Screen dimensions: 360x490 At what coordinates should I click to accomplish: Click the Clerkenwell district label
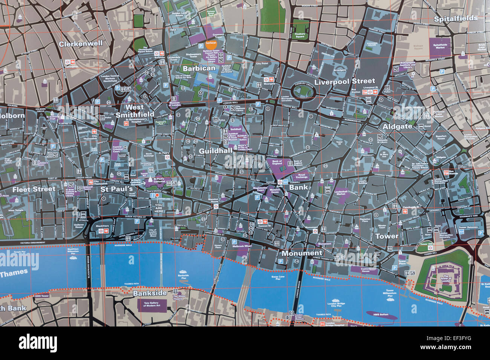(x=80, y=44)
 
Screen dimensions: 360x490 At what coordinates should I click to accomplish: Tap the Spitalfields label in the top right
(x=455, y=18)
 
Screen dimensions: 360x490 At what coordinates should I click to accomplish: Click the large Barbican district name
(x=199, y=69)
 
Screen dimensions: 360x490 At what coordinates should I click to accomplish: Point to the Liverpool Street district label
(x=345, y=81)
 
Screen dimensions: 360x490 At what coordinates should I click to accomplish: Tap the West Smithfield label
(x=135, y=111)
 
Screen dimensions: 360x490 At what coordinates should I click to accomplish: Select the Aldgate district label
(x=397, y=127)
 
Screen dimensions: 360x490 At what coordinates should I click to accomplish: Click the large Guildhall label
(x=215, y=151)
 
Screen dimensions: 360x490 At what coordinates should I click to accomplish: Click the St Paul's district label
(x=116, y=189)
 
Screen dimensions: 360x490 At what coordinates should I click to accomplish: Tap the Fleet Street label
(x=34, y=189)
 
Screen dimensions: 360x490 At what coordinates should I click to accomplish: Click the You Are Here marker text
(x=159, y=208)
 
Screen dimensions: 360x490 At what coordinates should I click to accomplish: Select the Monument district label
(x=302, y=253)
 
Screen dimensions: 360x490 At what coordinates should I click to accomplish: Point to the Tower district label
(x=386, y=236)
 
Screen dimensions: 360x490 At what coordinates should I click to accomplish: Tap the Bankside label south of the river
(x=150, y=293)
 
